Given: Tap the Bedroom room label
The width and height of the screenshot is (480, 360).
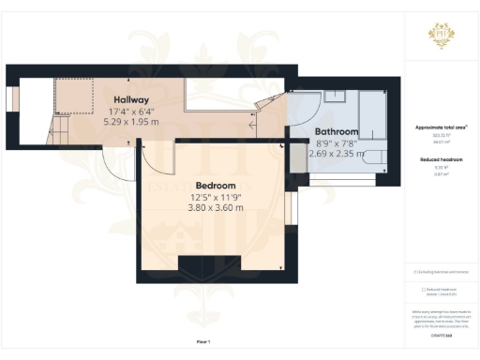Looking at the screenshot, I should pos(215,185).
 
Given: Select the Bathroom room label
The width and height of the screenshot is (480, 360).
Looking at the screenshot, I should pos(336,131).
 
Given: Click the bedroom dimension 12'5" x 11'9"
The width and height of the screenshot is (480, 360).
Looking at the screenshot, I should pos(215,197).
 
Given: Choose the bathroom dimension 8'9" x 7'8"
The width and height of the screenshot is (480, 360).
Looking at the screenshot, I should pos(336,142).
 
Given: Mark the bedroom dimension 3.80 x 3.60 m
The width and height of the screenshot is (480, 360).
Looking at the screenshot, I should pos(215,208).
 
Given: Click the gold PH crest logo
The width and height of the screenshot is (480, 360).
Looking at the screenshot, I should pos(440,36).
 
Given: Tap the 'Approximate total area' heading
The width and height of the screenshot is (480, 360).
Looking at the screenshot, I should pos(440,127).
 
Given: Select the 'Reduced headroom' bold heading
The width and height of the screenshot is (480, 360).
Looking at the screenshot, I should pos(440,160).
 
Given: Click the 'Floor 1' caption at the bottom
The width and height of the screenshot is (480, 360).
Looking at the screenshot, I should pos(203,342).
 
